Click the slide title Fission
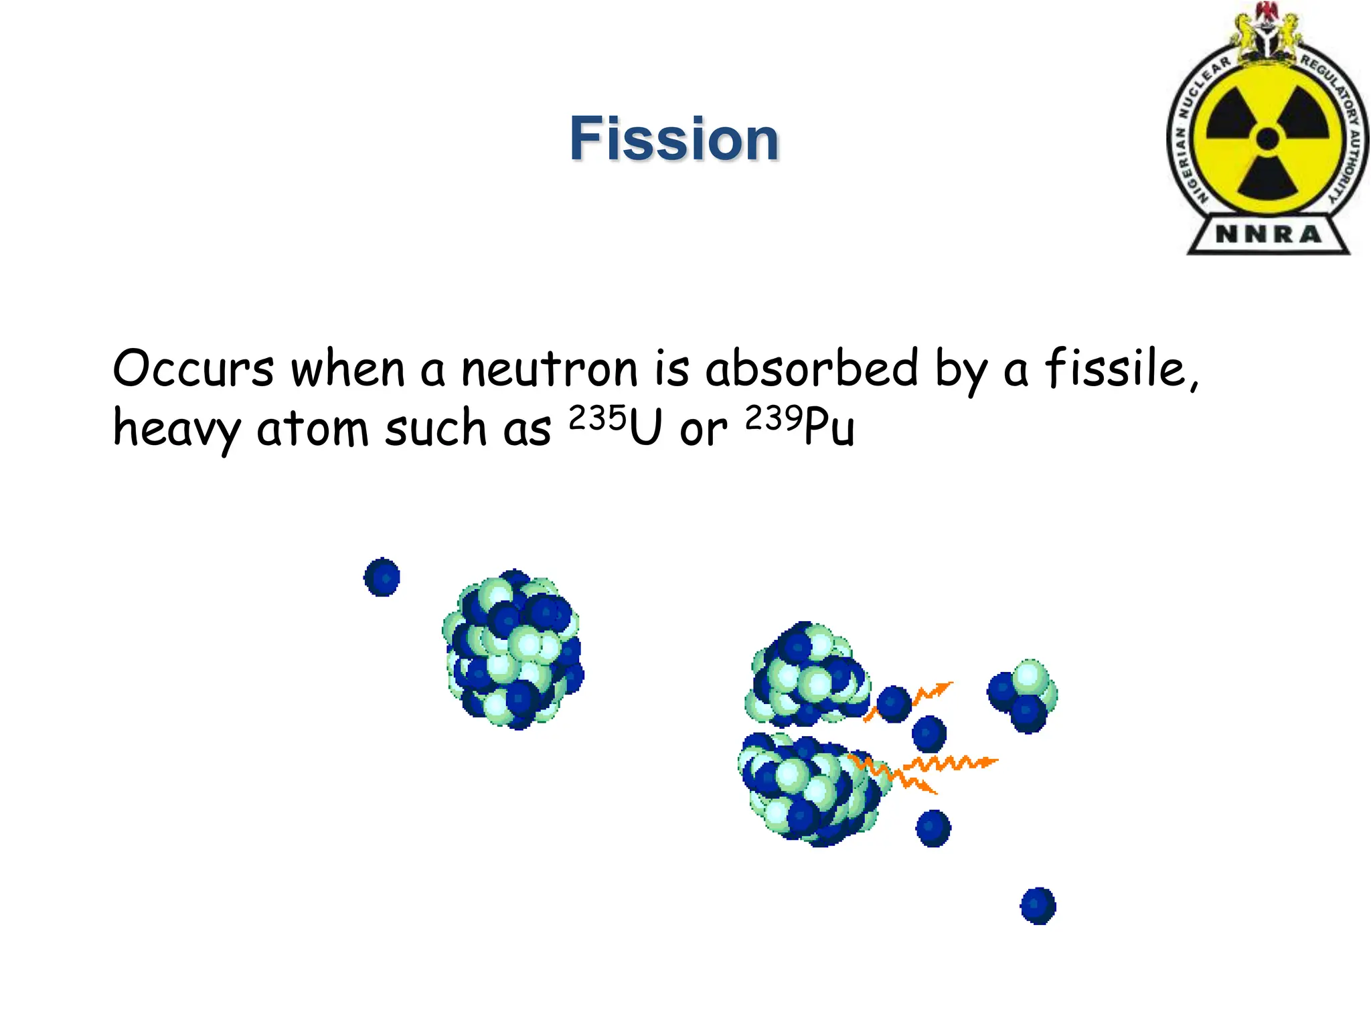[674, 139]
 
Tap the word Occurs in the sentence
[193, 369]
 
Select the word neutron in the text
[550, 369]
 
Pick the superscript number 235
[597, 418]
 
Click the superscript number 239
[774, 418]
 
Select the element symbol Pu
[829, 428]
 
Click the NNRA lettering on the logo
[1269, 234]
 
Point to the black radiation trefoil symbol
[1267, 139]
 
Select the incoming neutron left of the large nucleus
[382, 577]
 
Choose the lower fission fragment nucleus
[810, 790]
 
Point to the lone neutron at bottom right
[1038, 906]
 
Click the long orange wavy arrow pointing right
[951, 763]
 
